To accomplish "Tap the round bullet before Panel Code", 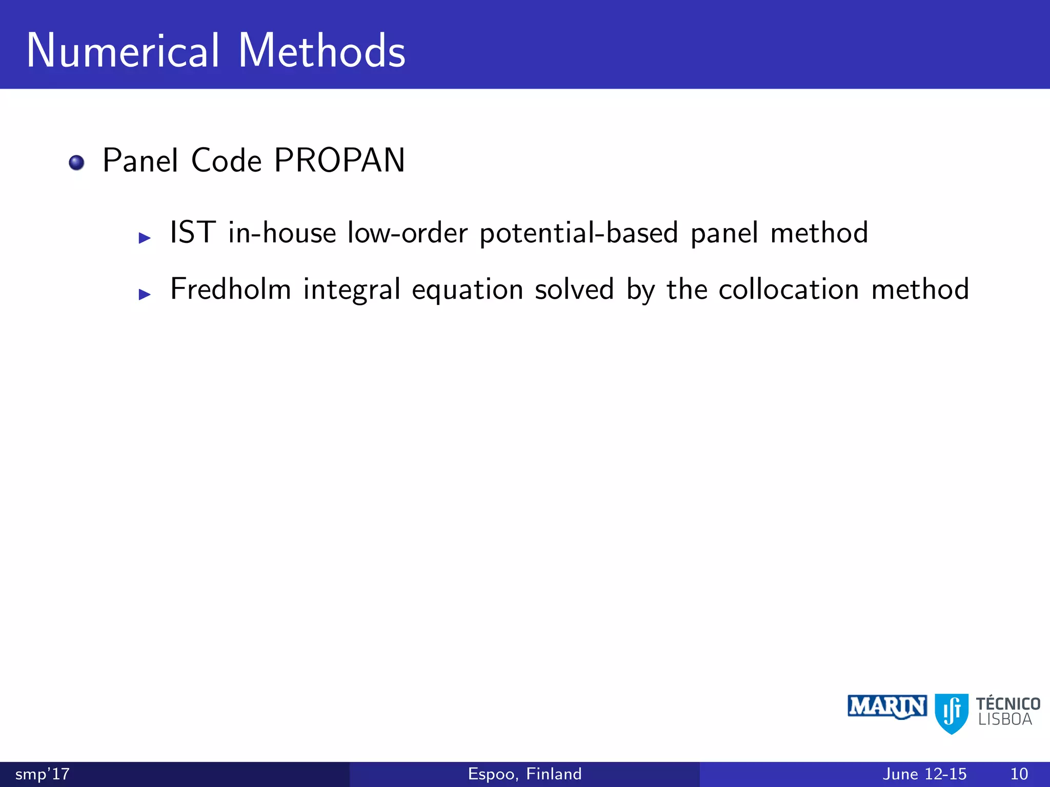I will point(76,162).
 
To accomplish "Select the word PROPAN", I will point(339,160).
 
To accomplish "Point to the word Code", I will point(226,160).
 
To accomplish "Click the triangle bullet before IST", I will point(145,238).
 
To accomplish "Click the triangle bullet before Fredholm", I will point(145,294).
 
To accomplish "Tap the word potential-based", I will point(579,233).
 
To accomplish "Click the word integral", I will point(352,289).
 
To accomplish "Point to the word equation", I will point(468,291).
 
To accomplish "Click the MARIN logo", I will point(887,708).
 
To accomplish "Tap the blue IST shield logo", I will point(952,713).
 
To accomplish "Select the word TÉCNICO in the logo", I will point(1008,703).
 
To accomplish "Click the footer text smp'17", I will point(43,774).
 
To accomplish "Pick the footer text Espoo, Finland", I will point(525,774).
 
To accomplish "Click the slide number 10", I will point(1019,774).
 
